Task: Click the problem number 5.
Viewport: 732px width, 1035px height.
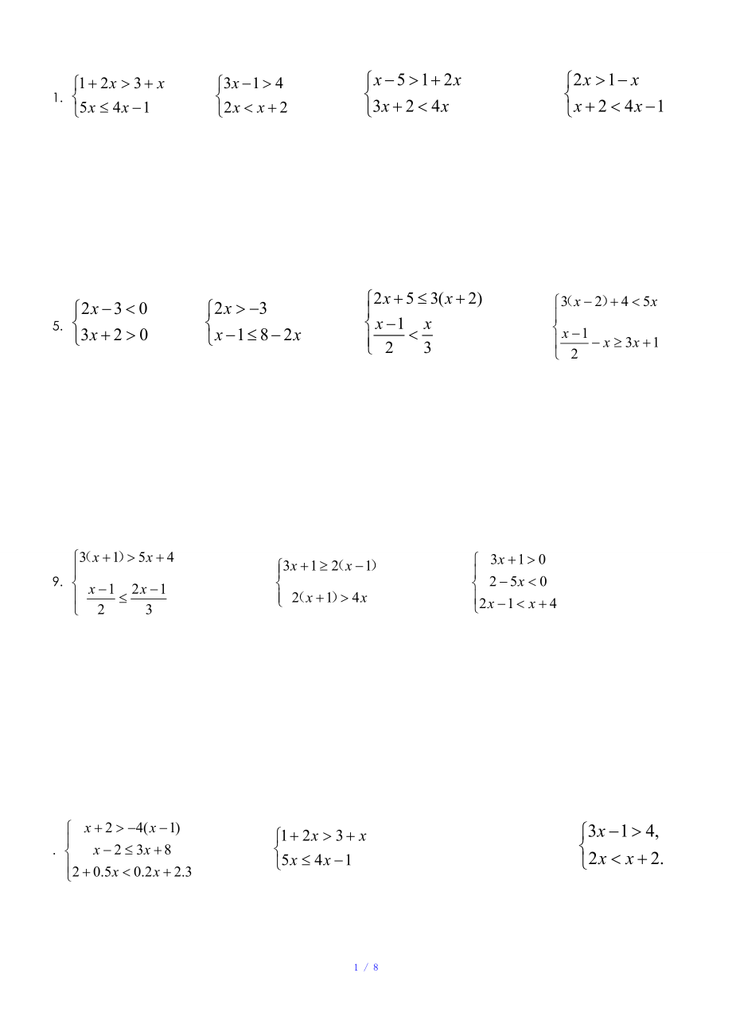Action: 57,324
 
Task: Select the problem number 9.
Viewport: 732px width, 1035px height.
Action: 57,581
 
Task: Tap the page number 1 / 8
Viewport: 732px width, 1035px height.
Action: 365,967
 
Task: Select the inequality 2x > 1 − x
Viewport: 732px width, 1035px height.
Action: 605,80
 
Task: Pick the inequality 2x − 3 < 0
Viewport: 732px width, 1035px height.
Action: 114,308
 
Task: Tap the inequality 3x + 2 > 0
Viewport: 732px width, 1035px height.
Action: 114,335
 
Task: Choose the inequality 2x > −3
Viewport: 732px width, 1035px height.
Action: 240,308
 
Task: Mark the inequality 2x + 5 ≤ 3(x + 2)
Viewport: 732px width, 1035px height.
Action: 428,299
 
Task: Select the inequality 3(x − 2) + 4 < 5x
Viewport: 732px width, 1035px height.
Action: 609,301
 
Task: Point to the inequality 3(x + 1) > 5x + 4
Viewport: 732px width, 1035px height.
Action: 127,557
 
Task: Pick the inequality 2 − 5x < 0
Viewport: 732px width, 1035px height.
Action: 518,581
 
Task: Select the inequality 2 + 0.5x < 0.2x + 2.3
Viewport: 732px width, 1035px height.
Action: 132,871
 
